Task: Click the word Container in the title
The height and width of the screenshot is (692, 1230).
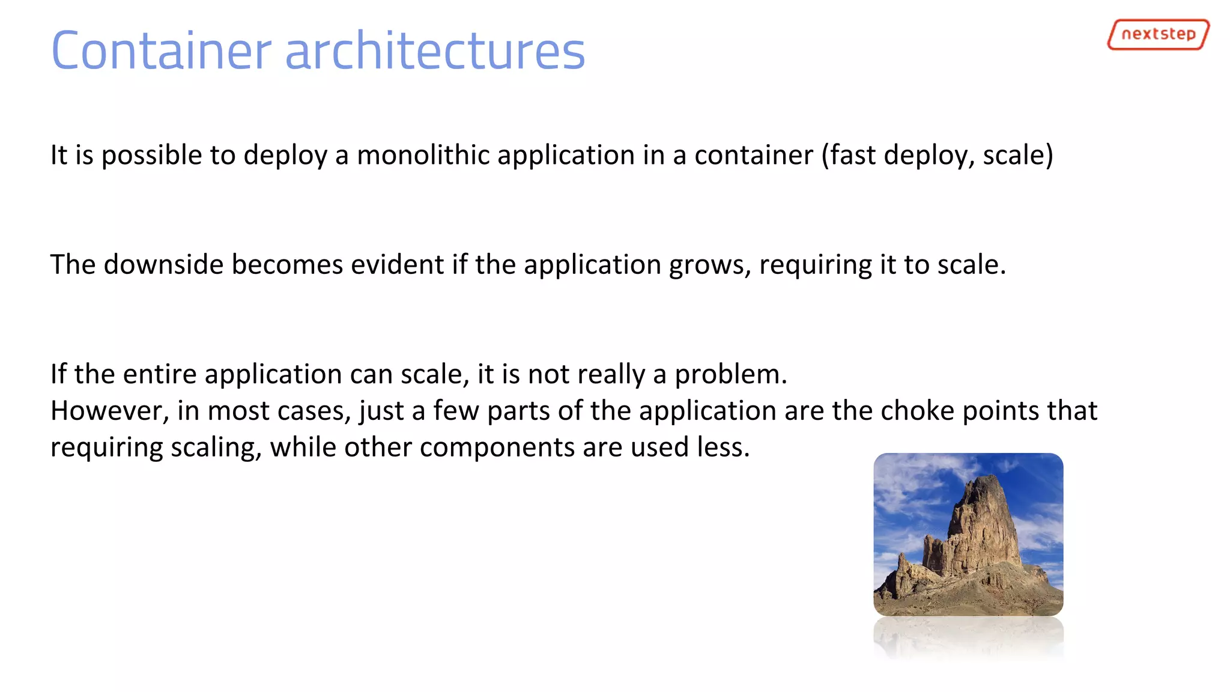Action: pyautogui.click(x=161, y=51)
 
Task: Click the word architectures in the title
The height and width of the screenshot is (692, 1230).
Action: pyautogui.click(x=435, y=51)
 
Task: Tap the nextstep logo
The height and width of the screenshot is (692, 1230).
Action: pyautogui.click(x=1158, y=34)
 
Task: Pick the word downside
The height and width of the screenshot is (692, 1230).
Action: pyautogui.click(x=163, y=264)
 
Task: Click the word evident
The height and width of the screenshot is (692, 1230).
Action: pyautogui.click(x=397, y=264)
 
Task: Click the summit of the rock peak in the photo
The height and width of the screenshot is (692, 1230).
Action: pyautogui.click(x=985, y=478)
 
